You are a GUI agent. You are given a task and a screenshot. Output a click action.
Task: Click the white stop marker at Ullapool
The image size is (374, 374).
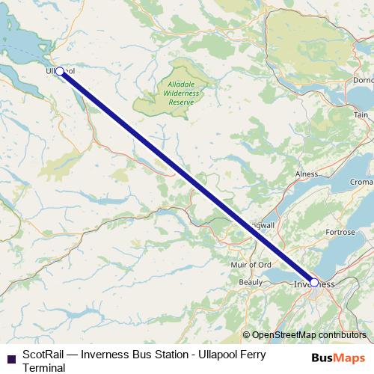61,72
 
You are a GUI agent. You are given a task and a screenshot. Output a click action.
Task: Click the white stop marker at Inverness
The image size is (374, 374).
315,282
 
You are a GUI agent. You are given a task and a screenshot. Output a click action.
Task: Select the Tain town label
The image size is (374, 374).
361,116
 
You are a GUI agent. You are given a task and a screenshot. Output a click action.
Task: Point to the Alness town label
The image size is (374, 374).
307,173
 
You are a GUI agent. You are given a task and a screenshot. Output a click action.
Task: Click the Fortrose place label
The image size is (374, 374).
340,233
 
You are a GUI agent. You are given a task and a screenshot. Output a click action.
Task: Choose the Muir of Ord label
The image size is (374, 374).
252,265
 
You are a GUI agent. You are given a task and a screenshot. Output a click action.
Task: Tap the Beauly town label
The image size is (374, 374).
250,283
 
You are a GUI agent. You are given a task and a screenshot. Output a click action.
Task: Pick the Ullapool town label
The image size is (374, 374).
59,70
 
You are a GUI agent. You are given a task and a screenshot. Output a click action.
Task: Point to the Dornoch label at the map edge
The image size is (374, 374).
363,78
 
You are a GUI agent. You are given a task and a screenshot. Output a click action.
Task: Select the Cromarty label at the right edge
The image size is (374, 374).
363,183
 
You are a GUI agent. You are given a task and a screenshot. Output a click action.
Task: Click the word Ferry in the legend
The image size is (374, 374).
242,354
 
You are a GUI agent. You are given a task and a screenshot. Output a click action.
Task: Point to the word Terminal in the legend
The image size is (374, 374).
45,367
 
